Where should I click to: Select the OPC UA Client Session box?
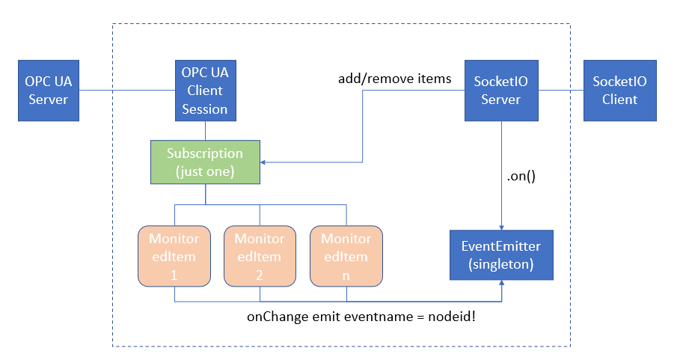pyautogui.click(x=205, y=91)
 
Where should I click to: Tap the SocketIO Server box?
pyautogui.click(x=500, y=91)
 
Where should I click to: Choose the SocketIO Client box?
pyautogui.click(x=619, y=91)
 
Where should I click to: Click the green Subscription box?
pyautogui.click(x=205, y=161)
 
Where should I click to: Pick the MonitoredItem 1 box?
pyautogui.click(x=174, y=256)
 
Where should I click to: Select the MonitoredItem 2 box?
pyautogui.click(x=260, y=256)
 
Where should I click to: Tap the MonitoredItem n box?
pyautogui.click(x=346, y=256)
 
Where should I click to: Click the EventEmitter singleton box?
pyautogui.click(x=500, y=255)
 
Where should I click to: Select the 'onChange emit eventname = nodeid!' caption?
pyautogui.click(x=361, y=317)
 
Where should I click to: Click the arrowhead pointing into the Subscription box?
pyautogui.click(x=264, y=161)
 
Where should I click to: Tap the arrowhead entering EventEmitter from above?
pyautogui.click(x=500, y=226)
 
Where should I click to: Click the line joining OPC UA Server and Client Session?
pyautogui.click(x=126, y=91)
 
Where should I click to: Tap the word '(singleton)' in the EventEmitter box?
pyautogui.click(x=500, y=263)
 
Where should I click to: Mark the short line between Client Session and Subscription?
pyautogui.click(x=205, y=129)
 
